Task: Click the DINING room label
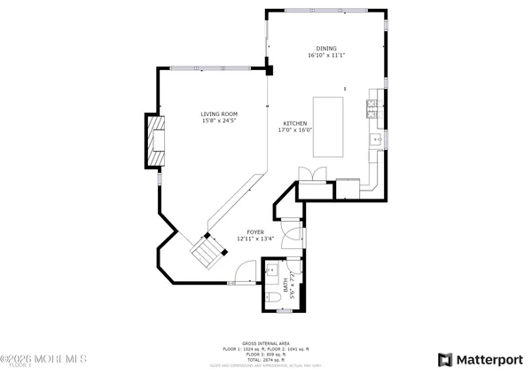click(326, 48)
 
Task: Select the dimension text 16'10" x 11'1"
click(326, 56)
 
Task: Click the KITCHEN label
click(294, 123)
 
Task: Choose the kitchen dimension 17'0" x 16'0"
click(294, 131)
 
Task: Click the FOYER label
click(255, 231)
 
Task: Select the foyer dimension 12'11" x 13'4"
click(255, 239)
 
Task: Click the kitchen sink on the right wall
click(376, 140)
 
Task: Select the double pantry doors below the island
click(306, 174)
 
